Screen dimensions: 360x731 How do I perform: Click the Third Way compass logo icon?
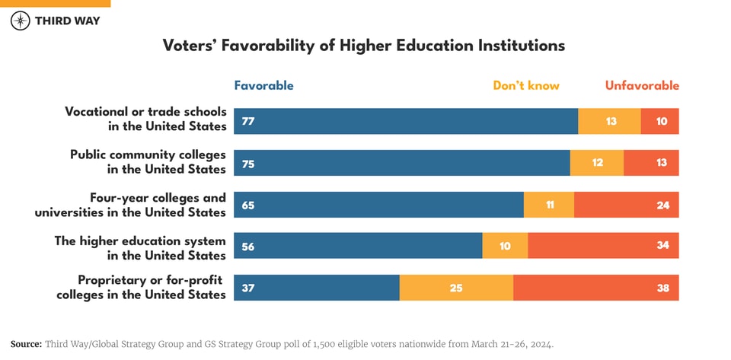point(21,21)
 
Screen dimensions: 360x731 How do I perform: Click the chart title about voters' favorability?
point(364,46)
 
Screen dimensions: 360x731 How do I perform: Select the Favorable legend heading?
point(263,85)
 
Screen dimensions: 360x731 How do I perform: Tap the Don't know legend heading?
point(526,85)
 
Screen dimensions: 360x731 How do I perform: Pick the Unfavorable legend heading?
point(642,85)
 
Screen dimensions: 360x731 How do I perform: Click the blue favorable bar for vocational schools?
point(406,121)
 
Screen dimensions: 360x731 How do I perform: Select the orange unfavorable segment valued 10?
point(659,121)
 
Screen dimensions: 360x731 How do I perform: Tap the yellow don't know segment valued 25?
point(456,288)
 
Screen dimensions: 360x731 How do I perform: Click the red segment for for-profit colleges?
point(595,288)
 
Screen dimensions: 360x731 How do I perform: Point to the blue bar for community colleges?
point(401,163)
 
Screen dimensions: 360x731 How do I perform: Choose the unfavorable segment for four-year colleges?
point(626,205)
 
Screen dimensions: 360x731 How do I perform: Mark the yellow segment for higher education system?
point(505,246)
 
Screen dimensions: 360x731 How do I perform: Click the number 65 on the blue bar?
point(248,205)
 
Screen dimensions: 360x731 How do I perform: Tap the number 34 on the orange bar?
point(662,246)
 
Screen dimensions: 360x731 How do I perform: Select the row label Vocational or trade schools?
point(145,119)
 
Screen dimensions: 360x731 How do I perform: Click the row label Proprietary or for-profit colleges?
point(142,287)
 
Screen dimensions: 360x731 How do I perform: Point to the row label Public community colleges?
point(148,161)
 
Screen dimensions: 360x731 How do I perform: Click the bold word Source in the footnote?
point(26,344)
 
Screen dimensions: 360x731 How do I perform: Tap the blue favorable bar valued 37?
point(316,288)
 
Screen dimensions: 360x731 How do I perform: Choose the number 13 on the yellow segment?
point(611,121)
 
